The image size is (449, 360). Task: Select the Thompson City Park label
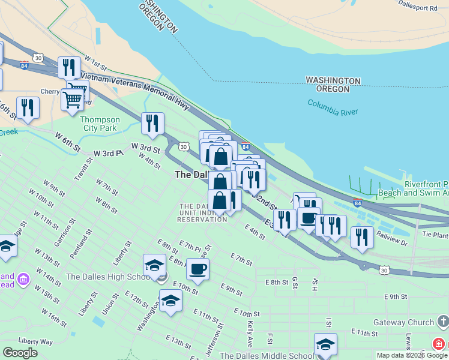100,124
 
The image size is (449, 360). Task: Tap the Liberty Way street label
35,340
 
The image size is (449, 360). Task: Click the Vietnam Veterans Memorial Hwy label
135,91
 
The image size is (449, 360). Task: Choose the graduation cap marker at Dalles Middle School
325,344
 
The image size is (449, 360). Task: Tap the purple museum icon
23,279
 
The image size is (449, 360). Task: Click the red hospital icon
439,344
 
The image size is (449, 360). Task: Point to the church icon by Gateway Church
442,322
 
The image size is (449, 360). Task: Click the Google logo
20,353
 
